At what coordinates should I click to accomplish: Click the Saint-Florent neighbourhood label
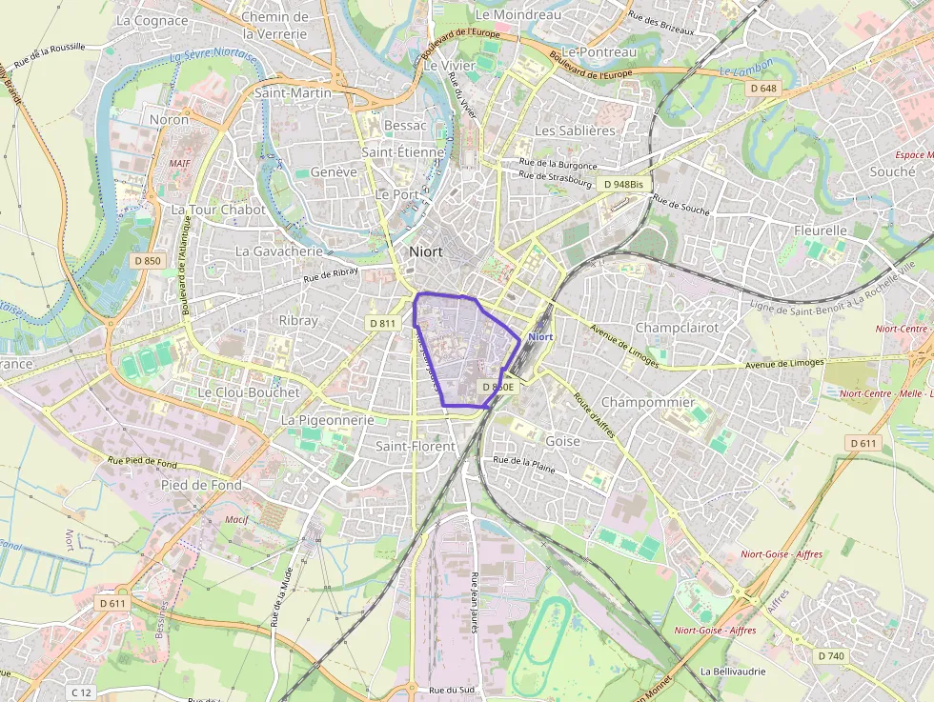[416, 446]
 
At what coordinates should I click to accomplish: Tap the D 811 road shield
[382, 324]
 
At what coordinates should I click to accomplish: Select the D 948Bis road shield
[622, 184]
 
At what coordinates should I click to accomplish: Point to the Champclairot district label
[677, 328]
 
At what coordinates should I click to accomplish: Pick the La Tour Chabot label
[217, 210]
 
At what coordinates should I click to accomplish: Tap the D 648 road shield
[762, 89]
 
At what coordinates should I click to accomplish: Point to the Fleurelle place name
[820, 231]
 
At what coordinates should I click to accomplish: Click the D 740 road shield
[831, 655]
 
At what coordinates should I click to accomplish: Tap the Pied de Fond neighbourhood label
[200, 485]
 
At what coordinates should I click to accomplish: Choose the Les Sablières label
[575, 130]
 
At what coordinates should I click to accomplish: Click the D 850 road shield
[148, 261]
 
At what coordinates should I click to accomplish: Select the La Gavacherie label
[279, 251]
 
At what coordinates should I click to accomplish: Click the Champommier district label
[648, 402]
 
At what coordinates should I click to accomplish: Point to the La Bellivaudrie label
[733, 672]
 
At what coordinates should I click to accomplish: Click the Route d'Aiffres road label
[593, 417]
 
